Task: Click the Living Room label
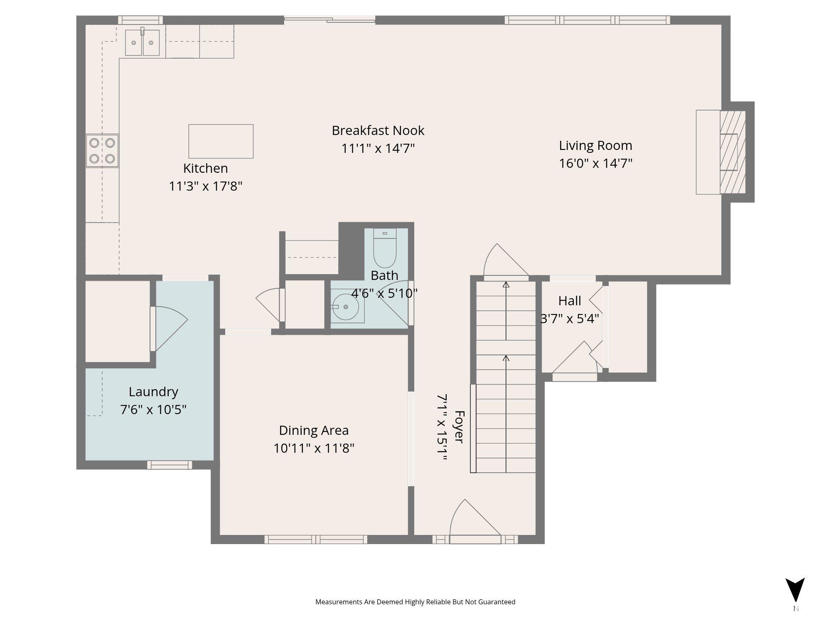point(595,145)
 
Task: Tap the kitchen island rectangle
point(221,141)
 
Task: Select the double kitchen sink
point(143,42)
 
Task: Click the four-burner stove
point(102,151)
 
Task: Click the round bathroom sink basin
point(346,307)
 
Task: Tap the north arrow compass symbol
point(795,590)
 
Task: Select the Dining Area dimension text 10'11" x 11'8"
point(314,449)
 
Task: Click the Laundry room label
point(153,392)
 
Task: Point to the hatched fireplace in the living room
point(733,152)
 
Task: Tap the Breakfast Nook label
point(378,130)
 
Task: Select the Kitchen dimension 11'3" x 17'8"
point(205,186)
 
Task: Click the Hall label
point(570,300)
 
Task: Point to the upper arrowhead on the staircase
point(506,285)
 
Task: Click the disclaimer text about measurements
point(415,602)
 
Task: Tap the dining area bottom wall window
point(316,540)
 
